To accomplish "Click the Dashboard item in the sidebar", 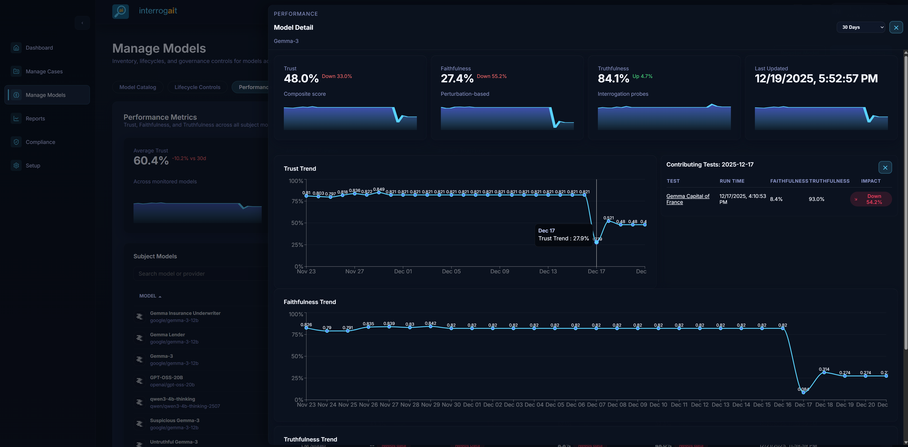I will point(39,48).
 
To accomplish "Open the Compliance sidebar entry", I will point(40,142).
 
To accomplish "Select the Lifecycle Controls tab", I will point(197,87).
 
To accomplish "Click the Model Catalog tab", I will point(137,87).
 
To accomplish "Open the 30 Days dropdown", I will point(861,27).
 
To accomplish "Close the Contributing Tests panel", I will point(885,167).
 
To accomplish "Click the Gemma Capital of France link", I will point(687,199).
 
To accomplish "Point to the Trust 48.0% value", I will point(301,78).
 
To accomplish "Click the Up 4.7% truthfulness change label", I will point(642,76).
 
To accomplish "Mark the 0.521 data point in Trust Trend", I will point(608,221).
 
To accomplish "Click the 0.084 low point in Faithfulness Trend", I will point(803,392).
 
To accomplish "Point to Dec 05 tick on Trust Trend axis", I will point(451,271).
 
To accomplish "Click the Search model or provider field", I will point(201,274).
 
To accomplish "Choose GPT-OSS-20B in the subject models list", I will point(166,378).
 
